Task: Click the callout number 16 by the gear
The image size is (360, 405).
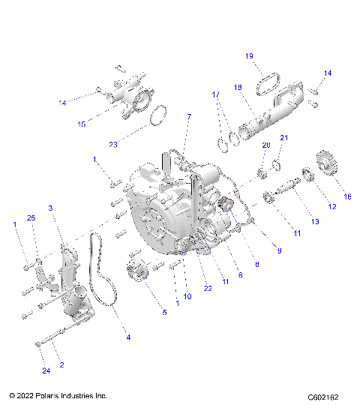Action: coord(347,196)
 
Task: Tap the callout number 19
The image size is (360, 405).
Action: coord(250,55)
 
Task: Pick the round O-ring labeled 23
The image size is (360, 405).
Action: coord(157,116)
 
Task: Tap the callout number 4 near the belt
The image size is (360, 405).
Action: coord(128,337)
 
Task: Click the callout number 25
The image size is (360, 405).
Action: coord(31,217)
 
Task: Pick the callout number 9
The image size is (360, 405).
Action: coord(279,250)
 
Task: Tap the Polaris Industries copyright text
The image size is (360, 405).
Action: coord(58,395)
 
